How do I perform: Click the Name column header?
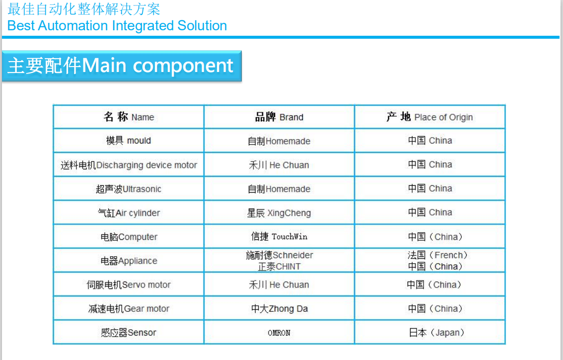click(129, 117)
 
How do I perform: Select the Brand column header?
click(279, 117)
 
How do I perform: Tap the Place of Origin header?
click(429, 117)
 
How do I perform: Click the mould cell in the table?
click(129, 141)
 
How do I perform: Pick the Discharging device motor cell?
click(129, 165)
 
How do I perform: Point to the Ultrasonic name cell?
click(129, 189)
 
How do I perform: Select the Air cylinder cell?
click(129, 213)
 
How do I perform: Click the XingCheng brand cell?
click(279, 213)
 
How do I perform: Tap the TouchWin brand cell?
click(279, 236)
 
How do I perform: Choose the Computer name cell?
click(129, 237)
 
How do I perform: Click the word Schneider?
click(293, 255)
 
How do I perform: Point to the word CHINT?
click(288, 267)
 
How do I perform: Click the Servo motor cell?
click(129, 285)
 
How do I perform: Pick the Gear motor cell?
click(129, 309)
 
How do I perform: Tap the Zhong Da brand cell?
click(279, 309)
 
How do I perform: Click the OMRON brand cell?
click(279, 333)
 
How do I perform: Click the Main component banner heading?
click(121, 66)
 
